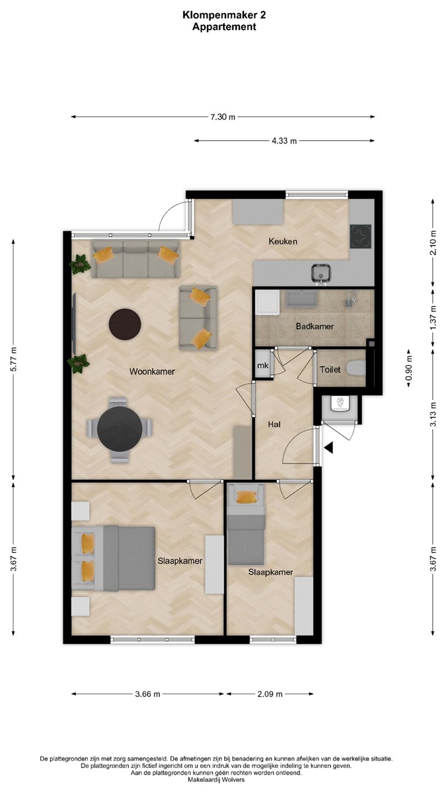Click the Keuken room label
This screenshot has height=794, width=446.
coord(283,242)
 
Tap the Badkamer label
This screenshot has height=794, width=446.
coord(315,326)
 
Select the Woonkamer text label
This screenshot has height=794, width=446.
coord(152,372)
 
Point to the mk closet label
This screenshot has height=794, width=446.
coord(263,366)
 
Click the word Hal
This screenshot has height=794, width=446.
coord(274,424)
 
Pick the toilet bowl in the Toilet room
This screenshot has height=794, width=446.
coord(356,368)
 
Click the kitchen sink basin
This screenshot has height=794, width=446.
coord(321,273)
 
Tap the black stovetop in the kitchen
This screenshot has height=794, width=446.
coord(361,237)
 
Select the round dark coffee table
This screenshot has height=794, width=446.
coord(125,324)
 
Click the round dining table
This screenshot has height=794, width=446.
coord(119,428)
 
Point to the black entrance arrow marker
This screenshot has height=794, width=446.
coord(329,448)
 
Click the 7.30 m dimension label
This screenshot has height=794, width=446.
coord(223,117)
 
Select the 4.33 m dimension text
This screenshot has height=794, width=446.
coord(284,141)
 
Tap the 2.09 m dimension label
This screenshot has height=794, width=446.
coord(270,694)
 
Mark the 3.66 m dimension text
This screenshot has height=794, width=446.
coord(148,694)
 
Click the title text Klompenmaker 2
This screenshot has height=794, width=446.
coord(224,15)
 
